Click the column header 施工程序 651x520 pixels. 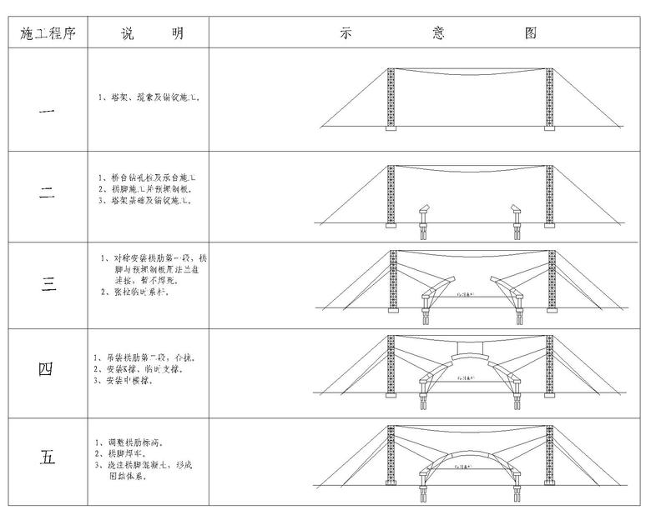(x=48, y=34)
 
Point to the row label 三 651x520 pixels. (x=48, y=283)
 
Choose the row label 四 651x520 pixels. (x=48, y=368)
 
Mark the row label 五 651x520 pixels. (x=48, y=457)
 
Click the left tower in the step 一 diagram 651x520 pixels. (x=391, y=97)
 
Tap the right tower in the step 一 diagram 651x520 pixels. (x=549, y=97)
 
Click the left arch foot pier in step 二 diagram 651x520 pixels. (x=422, y=215)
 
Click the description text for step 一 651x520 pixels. (x=148, y=97)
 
